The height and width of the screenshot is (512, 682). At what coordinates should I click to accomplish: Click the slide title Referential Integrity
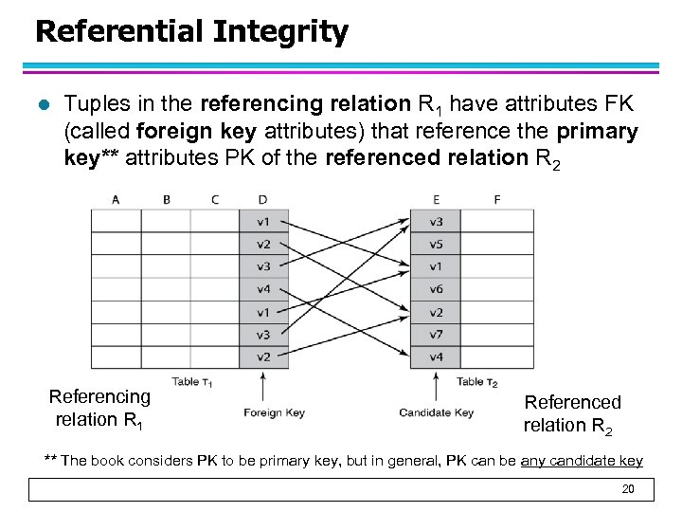tap(191, 32)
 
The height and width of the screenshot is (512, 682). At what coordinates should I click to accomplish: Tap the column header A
tap(116, 199)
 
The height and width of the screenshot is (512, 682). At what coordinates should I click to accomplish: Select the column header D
tap(262, 199)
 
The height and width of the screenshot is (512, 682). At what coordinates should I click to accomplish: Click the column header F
tap(497, 199)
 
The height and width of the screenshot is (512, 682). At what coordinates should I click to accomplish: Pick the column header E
tap(435, 199)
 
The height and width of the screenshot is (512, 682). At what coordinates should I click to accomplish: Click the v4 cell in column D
tap(262, 289)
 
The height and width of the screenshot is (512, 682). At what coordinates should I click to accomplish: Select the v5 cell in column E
tap(435, 244)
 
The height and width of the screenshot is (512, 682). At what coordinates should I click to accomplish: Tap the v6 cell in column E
tap(435, 289)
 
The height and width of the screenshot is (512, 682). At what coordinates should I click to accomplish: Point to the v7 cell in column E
tap(435, 335)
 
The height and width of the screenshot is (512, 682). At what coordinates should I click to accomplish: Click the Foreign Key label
tap(274, 412)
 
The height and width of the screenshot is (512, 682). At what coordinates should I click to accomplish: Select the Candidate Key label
tap(436, 412)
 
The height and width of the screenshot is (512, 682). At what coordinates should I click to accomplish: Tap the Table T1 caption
tap(192, 382)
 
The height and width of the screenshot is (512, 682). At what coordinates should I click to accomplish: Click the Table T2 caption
tap(477, 382)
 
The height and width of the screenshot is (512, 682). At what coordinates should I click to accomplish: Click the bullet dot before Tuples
tap(43, 103)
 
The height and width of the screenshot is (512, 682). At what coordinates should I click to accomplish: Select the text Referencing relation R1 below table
tap(99, 408)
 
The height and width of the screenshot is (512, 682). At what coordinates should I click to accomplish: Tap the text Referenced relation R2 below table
tap(571, 413)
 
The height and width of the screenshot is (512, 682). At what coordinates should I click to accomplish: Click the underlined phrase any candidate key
tap(582, 461)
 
